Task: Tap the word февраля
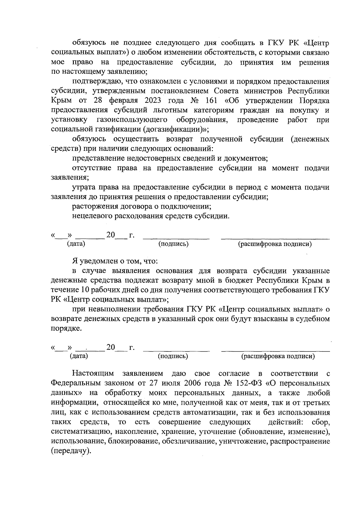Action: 119,101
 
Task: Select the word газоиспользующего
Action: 132,120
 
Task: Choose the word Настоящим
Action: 93,374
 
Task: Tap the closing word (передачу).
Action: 71,451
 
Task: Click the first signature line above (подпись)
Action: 176,239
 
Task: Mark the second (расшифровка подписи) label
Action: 278,356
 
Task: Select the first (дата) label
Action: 76,244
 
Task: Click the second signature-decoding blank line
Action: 275,351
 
